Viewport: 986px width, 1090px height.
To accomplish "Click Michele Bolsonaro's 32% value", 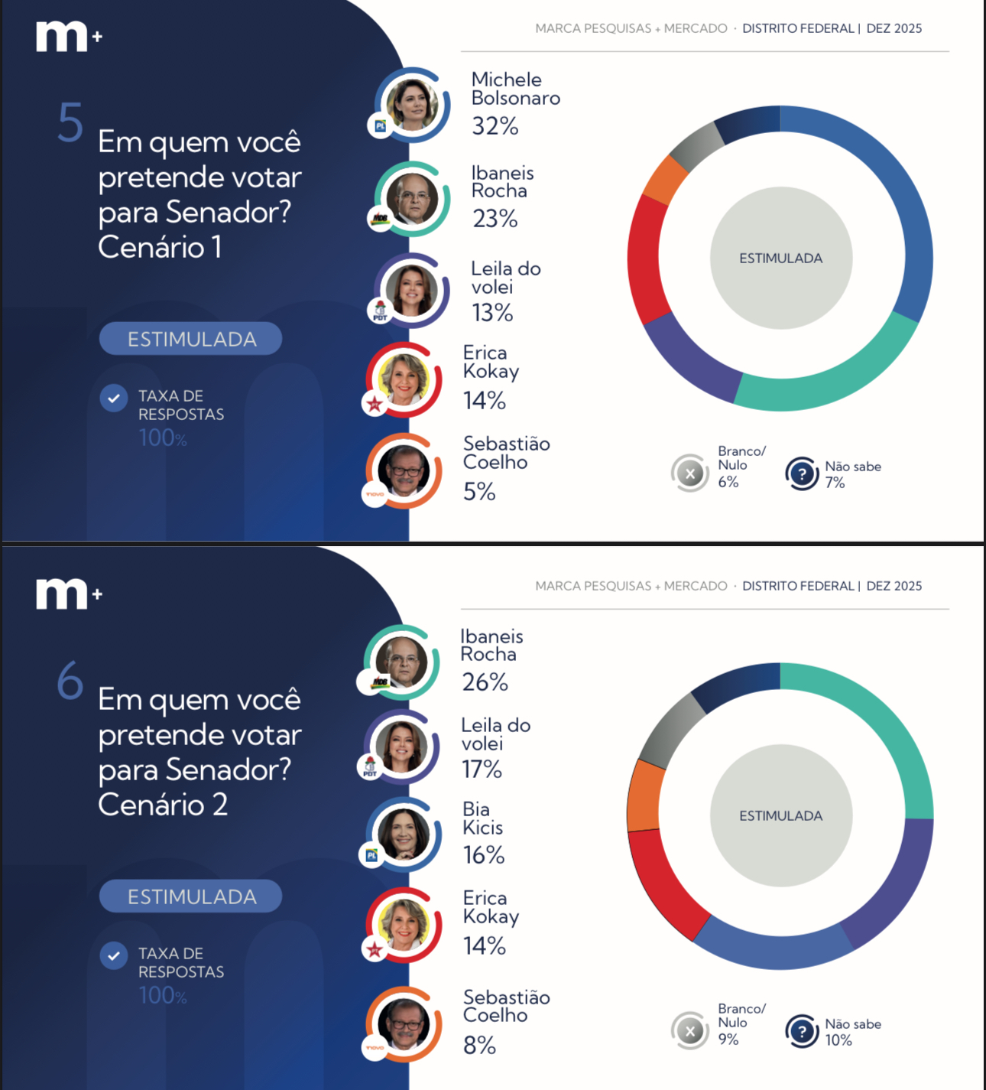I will pyautogui.click(x=495, y=125).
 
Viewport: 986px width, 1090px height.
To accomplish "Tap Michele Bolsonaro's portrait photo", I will pyautogui.click(x=412, y=104).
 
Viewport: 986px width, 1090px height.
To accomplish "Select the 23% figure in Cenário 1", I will pyautogui.click(x=495, y=219).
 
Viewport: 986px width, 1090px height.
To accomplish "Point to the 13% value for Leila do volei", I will pyautogui.click(x=491, y=313).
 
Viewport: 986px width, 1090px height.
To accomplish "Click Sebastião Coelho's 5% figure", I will pyautogui.click(x=479, y=492).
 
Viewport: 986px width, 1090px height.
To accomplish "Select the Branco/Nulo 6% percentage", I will pyautogui.click(x=728, y=482).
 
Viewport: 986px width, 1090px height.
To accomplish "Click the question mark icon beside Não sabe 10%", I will pyautogui.click(x=802, y=1032).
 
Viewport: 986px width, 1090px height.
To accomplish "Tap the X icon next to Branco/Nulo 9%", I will pyautogui.click(x=690, y=1031).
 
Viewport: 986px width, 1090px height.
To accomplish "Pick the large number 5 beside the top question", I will pyautogui.click(x=70, y=123).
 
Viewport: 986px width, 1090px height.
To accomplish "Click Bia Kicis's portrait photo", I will pyautogui.click(x=403, y=834).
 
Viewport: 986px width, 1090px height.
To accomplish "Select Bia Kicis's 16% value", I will pyautogui.click(x=483, y=855).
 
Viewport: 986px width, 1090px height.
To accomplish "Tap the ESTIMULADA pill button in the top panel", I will pyautogui.click(x=191, y=339).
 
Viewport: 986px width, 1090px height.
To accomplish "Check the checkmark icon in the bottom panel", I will pyautogui.click(x=114, y=955).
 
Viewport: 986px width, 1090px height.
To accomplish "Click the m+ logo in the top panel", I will pyautogui.click(x=68, y=37).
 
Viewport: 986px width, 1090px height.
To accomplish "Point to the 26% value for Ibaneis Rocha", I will pyautogui.click(x=485, y=682).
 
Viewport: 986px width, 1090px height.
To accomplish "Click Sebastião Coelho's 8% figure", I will pyautogui.click(x=479, y=1046).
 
